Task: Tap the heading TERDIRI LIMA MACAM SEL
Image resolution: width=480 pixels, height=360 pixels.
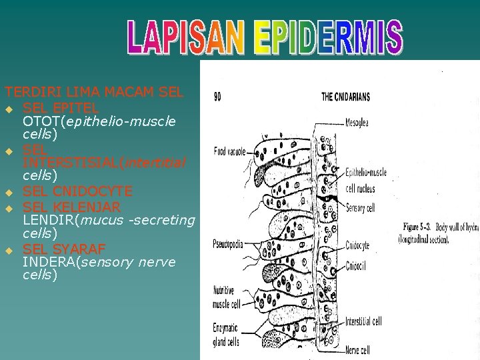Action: click(93, 92)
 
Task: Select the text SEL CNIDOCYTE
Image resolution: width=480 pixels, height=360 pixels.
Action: click(77, 191)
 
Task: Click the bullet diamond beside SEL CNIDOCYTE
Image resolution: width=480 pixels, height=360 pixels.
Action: click(9, 193)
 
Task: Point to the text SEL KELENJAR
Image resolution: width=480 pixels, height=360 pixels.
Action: click(71, 206)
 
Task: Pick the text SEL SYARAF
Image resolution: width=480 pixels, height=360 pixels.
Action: click(64, 249)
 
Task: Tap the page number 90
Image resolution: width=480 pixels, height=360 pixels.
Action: click(217, 97)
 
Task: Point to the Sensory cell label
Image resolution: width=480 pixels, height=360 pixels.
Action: click(361, 208)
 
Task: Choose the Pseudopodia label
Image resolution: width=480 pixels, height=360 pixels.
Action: click(227, 242)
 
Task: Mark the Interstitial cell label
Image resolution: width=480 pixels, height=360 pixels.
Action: click(364, 321)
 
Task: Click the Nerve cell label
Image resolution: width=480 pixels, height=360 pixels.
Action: click(358, 349)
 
